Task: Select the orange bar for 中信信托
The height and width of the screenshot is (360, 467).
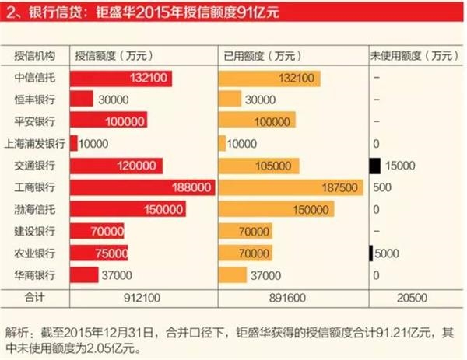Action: pyautogui.click(x=269, y=78)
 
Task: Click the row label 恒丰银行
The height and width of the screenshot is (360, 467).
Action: pyautogui.click(x=36, y=100)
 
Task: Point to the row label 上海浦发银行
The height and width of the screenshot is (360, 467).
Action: pyautogui.click(x=36, y=144)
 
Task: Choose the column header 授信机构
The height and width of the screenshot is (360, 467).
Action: pyautogui.click(x=36, y=56)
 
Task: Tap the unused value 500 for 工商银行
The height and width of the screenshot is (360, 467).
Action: pyautogui.click(x=382, y=187)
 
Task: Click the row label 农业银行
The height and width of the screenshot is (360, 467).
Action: pyautogui.click(x=36, y=253)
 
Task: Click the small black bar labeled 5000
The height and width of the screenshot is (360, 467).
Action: pyautogui.click(x=371, y=253)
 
